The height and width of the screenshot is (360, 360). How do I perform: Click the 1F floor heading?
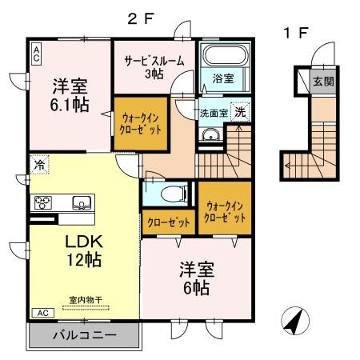point(294,33)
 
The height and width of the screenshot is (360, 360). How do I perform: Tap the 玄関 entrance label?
point(322,81)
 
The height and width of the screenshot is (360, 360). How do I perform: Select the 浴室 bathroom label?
point(223,78)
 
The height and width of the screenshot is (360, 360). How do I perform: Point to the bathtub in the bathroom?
point(225,58)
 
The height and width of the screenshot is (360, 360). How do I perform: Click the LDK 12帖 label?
point(83,250)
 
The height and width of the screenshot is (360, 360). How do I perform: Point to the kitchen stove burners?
point(42,202)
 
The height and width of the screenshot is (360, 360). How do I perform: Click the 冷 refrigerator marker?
point(38,164)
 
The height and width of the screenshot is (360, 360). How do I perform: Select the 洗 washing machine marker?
point(240,112)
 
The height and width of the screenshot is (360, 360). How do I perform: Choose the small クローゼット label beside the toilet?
point(167,222)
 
